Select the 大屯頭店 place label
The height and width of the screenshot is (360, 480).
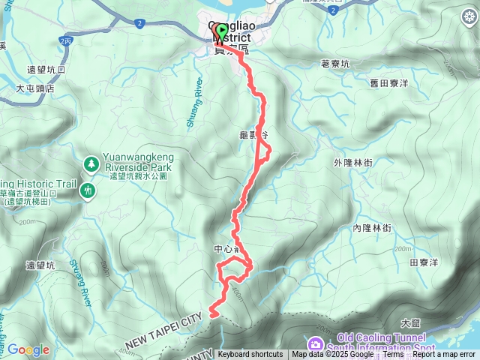(35, 88)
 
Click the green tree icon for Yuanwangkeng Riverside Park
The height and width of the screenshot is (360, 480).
(91, 162)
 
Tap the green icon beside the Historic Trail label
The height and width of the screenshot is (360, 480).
(89, 192)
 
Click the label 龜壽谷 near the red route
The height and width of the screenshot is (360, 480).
(253, 134)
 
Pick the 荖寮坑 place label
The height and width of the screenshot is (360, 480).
(335, 64)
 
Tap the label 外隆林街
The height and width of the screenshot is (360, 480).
(355, 161)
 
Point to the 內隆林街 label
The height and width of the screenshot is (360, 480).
(372, 227)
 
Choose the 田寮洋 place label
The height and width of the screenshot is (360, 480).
(424, 262)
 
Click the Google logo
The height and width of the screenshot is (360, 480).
(28, 349)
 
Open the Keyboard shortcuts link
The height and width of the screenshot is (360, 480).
(250, 355)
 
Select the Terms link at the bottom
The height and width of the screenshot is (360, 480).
(394, 355)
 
